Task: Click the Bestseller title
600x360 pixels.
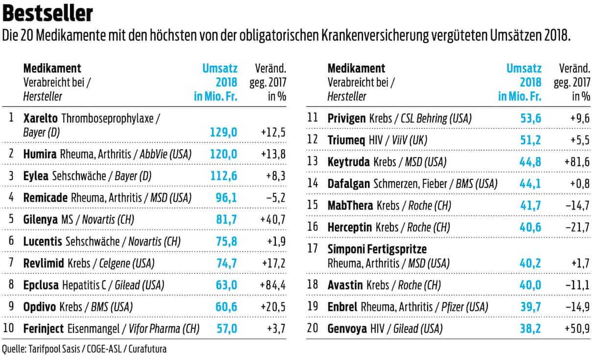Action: coord(48,13)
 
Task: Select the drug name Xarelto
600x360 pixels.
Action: coord(41,118)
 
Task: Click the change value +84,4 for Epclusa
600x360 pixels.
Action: coord(273,285)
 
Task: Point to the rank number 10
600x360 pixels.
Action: coord(9,328)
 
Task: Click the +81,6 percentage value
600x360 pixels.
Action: coord(576,162)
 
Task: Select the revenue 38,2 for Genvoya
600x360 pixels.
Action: coord(530,328)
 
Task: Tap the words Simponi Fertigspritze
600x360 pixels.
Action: coord(377,249)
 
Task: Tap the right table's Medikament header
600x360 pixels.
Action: coord(356,69)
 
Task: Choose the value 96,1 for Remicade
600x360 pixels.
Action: coord(227,197)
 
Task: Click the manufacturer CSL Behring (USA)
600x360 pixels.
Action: coord(436,119)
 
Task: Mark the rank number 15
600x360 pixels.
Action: coord(312,205)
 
